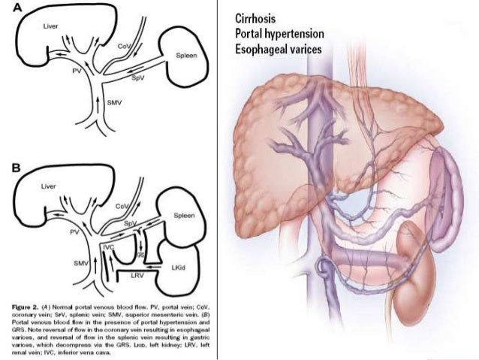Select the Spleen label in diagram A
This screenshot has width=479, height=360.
pos(182,56)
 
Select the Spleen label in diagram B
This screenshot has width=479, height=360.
pos(183,215)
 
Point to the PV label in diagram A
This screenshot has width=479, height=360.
pos(76,70)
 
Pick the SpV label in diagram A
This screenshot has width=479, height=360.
pos(138,77)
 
